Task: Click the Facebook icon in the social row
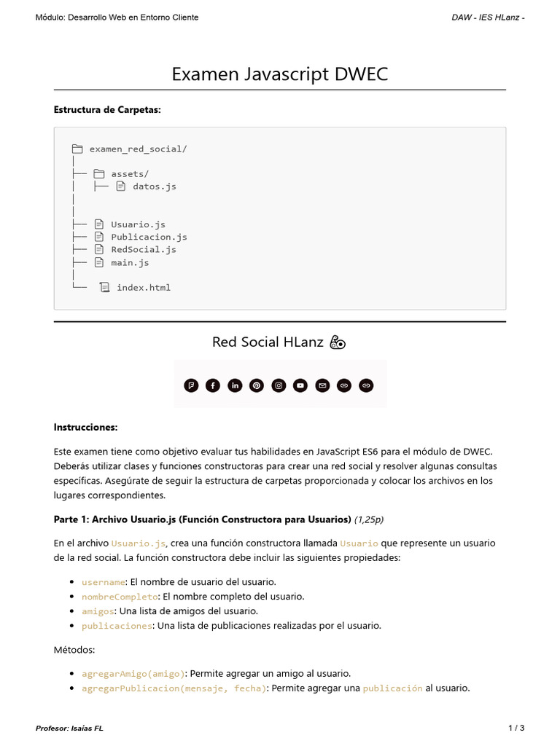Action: click(x=213, y=385)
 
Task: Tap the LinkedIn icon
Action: click(x=235, y=385)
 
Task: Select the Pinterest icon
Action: click(x=257, y=385)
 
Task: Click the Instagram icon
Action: click(x=279, y=385)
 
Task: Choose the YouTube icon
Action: click(x=300, y=385)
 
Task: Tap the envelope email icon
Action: click(x=322, y=385)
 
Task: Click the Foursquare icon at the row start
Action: click(x=191, y=385)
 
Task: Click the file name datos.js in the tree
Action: click(x=154, y=186)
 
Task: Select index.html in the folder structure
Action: click(x=144, y=288)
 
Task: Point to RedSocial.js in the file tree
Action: click(x=144, y=249)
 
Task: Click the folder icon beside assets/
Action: click(x=99, y=174)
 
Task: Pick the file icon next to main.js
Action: click(x=99, y=262)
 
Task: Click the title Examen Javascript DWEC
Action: click(x=280, y=74)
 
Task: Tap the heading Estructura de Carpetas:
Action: click(x=107, y=110)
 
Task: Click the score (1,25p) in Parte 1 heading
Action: click(x=369, y=519)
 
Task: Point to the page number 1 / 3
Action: click(x=516, y=728)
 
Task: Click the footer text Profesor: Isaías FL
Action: click(x=69, y=728)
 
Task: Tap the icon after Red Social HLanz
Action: click(x=338, y=342)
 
